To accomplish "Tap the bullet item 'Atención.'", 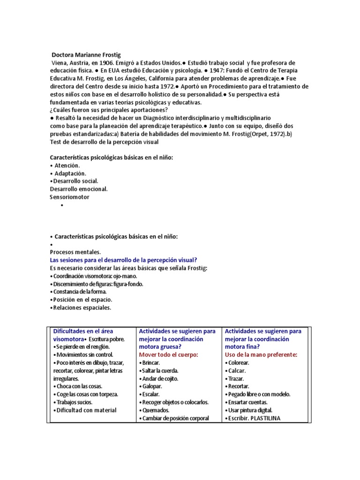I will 67,165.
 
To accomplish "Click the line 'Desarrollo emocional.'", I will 79,189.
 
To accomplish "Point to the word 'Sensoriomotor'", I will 69,197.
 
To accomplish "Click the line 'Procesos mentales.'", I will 75,252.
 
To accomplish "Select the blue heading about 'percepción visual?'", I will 123,260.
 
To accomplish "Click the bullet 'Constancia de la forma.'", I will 80,292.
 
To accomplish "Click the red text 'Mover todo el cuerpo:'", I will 168,354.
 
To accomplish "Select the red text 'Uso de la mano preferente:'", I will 261,354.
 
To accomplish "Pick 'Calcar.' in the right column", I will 237,371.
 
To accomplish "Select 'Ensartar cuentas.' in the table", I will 247,402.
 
